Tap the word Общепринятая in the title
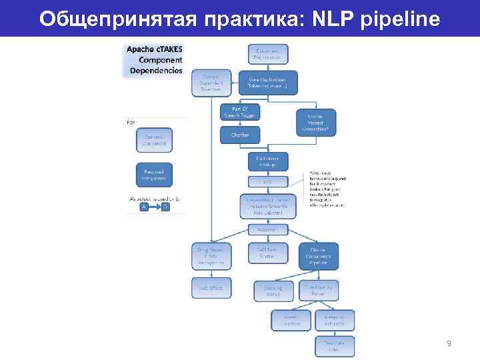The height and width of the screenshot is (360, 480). pos(115,19)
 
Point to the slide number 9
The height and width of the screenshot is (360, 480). pos(449,343)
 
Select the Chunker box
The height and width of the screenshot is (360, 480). pos(240,135)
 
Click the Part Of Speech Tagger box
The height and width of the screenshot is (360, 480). pos(240,111)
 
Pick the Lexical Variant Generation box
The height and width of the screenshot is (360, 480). pos(316,121)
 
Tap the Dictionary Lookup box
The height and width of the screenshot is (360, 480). pos(267,161)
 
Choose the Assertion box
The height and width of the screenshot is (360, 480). pos(267,229)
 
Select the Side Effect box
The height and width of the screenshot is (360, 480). pos(211,287)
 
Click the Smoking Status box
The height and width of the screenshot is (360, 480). pos(273,291)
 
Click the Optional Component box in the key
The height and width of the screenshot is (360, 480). pos(154,139)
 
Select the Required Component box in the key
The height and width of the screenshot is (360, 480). pos(154,175)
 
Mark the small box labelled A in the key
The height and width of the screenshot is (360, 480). pos(143,207)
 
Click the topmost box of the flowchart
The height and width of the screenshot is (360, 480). pos(268,54)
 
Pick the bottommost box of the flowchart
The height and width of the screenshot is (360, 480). pos(335,345)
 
